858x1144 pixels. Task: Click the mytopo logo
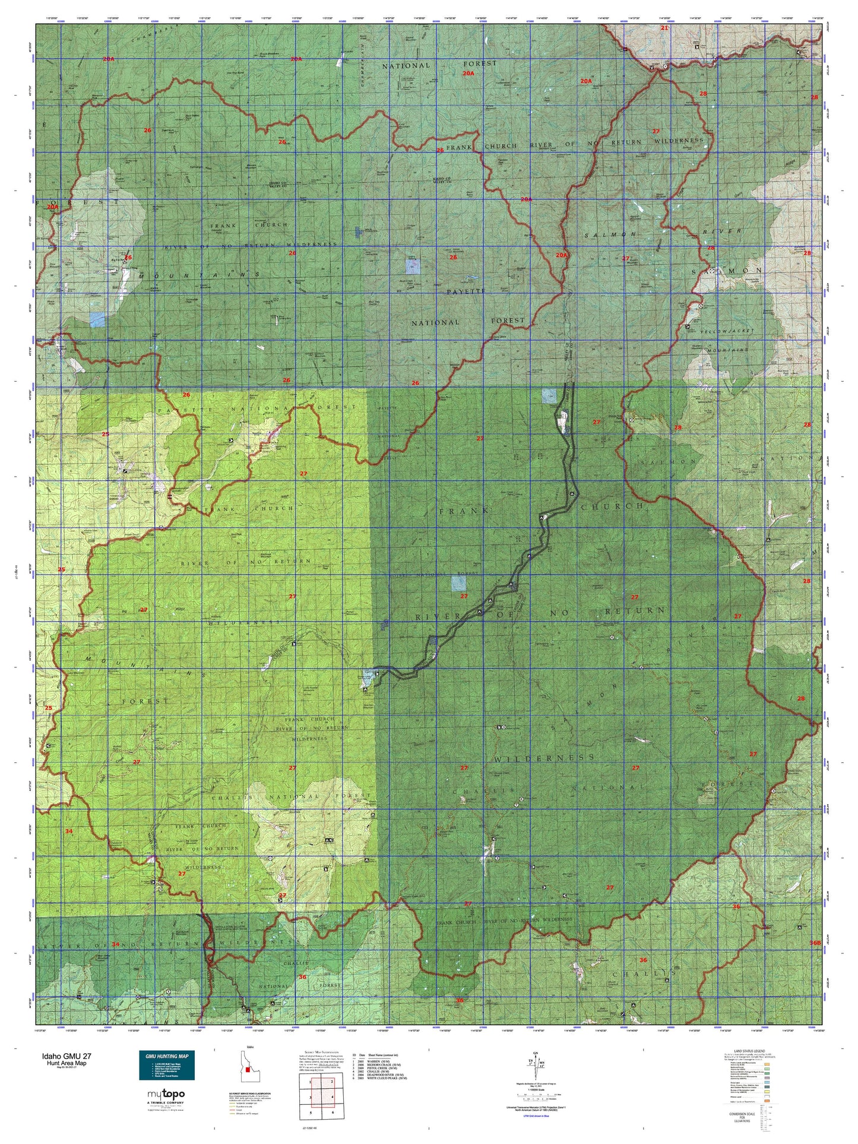(x=164, y=1094)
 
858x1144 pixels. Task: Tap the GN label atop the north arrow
(x=536, y=1053)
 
